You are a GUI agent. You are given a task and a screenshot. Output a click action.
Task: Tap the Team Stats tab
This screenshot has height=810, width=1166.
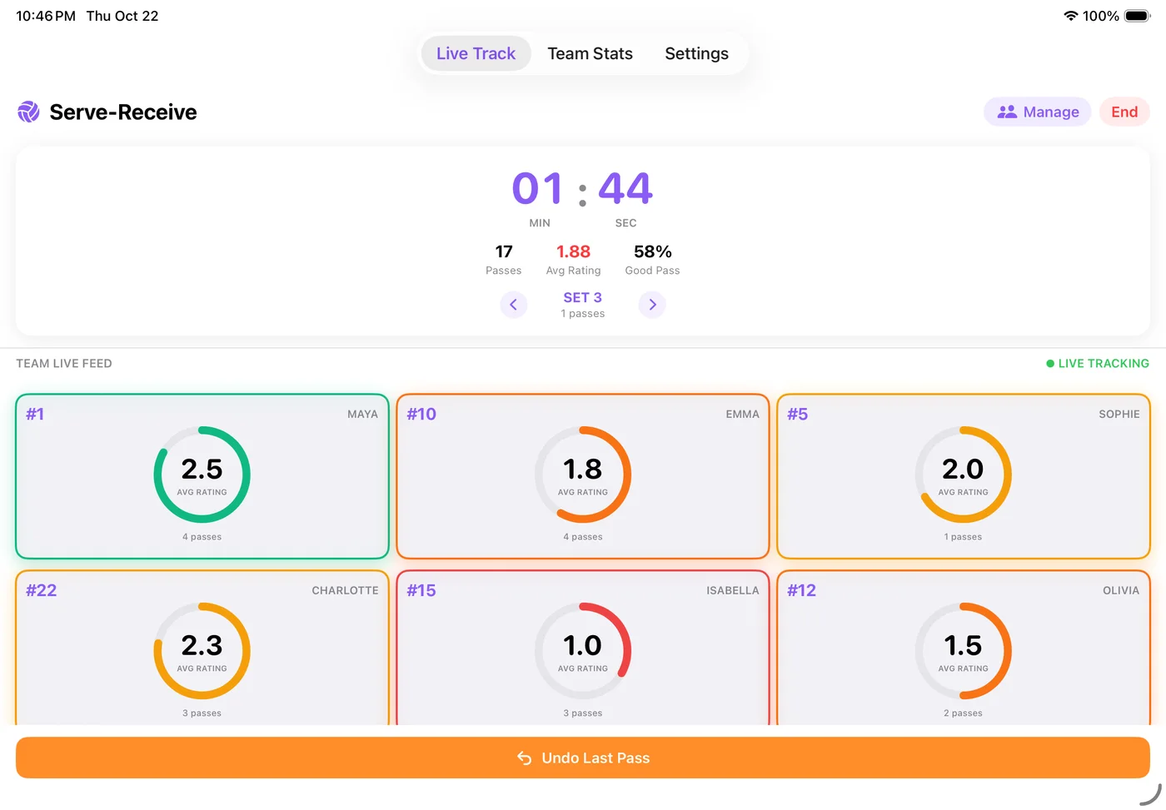[590, 53]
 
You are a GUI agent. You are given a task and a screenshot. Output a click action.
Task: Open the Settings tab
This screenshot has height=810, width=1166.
[696, 53]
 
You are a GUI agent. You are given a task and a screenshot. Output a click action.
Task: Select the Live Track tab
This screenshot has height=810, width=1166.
[476, 53]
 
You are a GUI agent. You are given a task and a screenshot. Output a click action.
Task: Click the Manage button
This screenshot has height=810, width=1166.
[1038, 112]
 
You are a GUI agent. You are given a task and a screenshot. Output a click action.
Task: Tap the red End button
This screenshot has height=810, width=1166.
[1124, 112]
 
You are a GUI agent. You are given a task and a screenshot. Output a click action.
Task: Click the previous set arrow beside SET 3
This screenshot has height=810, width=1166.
[513, 305]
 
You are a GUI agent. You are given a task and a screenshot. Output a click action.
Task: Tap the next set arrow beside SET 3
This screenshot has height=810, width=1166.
[652, 305]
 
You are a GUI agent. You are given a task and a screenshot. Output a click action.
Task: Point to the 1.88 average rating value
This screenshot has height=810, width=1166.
[573, 251]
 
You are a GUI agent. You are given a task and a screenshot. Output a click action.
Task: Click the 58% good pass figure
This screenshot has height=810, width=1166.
[652, 251]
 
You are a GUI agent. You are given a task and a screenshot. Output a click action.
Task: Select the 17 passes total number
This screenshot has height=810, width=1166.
[503, 251]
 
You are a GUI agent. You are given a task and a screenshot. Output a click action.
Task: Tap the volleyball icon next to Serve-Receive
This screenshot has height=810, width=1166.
[28, 112]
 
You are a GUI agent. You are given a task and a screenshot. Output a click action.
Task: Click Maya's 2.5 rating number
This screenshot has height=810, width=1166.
[202, 469]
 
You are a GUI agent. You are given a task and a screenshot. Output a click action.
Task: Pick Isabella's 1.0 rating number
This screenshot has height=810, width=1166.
[582, 645]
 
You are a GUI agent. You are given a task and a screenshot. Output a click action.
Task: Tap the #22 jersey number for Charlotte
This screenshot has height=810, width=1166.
[41, 590]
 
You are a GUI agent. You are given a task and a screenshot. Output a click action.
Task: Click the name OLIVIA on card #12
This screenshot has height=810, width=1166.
[1121, 590]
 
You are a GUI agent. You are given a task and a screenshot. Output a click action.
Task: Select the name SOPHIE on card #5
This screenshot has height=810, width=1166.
[1119, 414]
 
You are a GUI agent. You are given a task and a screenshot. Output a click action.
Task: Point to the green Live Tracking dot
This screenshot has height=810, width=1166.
[1050, 364]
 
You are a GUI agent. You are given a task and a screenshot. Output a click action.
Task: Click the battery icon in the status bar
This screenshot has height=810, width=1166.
[1138, 16]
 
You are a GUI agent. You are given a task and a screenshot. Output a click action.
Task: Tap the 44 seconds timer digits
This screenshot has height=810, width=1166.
[625, 188]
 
